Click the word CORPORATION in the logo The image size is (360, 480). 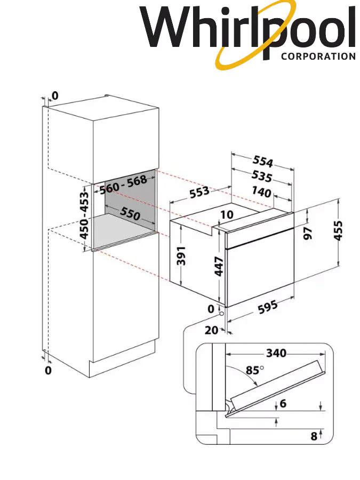[318, 56]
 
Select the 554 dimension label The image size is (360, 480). [263, 161]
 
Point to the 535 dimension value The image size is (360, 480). [262, 177]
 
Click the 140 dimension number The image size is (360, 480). [261, 193]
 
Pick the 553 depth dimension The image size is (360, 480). [199, 193]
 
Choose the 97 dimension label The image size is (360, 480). [308, 233]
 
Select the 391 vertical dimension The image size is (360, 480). [180, 257]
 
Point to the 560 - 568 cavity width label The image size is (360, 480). [123, 185]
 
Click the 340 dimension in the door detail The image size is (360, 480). [276, 353]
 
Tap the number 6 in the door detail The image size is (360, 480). [283, 404]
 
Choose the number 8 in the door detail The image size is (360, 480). [314, 436]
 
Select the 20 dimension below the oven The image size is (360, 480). [211, 330]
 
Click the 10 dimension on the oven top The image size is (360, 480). [226, 214]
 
